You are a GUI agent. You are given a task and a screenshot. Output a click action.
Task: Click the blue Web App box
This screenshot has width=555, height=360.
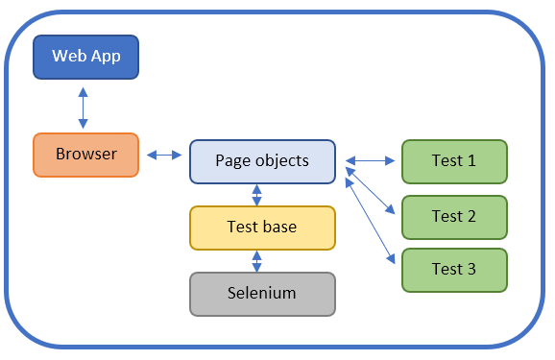[x=86, y=57]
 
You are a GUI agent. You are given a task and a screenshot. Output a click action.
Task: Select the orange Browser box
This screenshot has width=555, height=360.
[x=86, y=155]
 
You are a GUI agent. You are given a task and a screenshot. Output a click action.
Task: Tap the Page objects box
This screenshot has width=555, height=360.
[x=262, y=160]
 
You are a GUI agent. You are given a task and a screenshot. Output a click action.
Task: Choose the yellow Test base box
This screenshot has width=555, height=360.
[x=262, y=228]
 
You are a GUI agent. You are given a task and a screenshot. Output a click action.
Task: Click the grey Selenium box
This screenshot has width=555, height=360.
[x=262, y=294]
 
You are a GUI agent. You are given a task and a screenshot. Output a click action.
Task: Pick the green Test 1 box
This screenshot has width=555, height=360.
[x=453, y=160]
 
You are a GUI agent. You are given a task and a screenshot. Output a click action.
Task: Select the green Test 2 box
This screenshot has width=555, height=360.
[x=453, y=216]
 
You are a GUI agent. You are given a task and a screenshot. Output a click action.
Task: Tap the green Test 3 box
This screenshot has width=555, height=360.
[x=453, y=270]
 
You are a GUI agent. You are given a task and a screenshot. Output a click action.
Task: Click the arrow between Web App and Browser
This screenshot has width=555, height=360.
[x=84, y=107]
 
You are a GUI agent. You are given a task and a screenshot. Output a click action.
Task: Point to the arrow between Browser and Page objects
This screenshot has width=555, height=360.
[x=164, y=155]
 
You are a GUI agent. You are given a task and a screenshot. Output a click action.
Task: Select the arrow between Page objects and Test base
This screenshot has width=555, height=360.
[x=256, y=195]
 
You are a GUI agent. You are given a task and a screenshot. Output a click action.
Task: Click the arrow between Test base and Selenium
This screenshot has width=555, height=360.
[x=256, y=261]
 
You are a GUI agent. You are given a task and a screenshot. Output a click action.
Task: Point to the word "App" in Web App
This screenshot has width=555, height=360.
[x=106, y=57]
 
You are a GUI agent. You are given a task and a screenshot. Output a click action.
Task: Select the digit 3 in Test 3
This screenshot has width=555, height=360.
[x=471, y=270]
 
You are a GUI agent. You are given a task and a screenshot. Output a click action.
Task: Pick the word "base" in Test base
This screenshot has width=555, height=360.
[x=279, y=228]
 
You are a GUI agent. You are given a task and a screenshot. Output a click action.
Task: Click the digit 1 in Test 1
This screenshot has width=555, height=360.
[x=471, y=160]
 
